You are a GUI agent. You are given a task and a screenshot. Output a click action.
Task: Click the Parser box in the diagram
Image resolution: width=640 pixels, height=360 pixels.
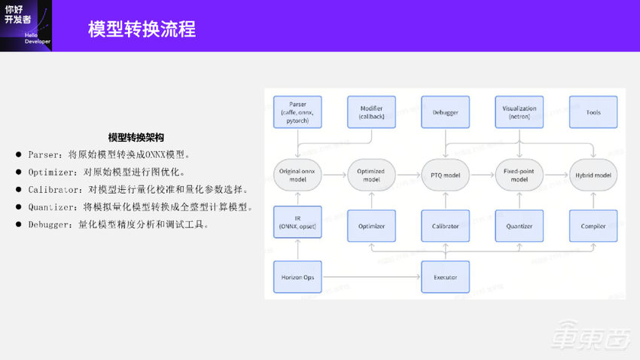click(297, 111)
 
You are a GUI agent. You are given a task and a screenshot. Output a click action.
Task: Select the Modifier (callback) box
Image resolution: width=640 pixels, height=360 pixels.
click(371, 111)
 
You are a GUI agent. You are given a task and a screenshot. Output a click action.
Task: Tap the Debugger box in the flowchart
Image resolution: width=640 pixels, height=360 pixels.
click(445, 111)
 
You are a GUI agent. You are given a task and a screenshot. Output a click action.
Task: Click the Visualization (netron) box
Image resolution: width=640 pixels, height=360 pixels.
click(519, 111)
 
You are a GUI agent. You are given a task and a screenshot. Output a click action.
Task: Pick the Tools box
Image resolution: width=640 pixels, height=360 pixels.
click(593, 111)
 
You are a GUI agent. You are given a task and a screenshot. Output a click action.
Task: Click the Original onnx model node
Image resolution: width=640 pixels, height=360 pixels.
click(297, 175)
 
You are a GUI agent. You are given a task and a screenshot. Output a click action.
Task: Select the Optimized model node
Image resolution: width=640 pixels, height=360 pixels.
click(371, 175)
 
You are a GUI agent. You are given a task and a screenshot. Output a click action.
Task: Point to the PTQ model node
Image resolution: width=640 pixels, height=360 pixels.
click(445, 175)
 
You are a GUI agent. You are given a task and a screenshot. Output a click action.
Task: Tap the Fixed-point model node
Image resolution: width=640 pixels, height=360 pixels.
click(519, 175)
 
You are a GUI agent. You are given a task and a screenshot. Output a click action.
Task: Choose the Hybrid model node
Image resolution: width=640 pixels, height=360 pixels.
click(593, 175)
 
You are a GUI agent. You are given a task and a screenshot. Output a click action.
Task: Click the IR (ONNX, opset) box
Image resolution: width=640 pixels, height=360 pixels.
click(297, 225)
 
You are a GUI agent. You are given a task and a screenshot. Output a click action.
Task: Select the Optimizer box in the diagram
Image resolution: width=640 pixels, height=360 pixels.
click(371, 225)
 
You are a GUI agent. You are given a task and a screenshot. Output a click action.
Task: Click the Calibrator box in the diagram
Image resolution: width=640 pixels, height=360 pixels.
click(445, 225)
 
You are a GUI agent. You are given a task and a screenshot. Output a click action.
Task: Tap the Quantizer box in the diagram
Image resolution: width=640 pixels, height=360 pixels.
click(519, 225)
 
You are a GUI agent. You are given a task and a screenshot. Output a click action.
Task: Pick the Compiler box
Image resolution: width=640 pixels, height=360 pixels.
click(593, 225)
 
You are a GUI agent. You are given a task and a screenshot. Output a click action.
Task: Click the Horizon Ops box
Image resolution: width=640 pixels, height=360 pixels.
click(297, 276)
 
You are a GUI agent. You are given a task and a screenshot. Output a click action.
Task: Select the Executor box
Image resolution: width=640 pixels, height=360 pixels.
click(445, 276)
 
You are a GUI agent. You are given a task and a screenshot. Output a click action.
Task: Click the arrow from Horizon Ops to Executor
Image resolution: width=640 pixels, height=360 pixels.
click(370, 277)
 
